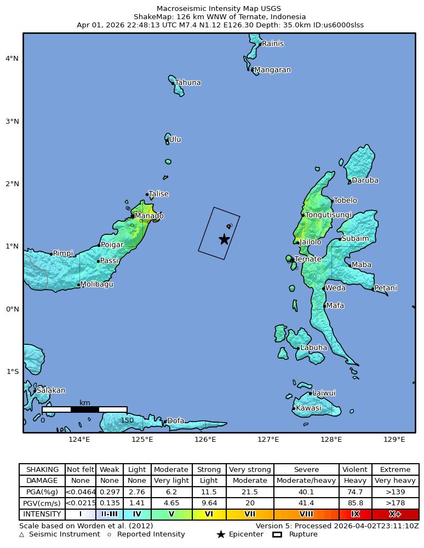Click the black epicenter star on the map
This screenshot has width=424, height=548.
click(224, 239)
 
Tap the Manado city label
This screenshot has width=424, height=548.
click(149, 216)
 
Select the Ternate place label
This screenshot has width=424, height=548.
click(308, 259)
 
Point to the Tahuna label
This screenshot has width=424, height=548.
click(188, 83)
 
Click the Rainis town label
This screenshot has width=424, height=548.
click(272, 44)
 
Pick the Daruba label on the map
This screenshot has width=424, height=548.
click(365, 181)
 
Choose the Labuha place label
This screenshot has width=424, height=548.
click(314, 348)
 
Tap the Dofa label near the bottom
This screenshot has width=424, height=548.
click(176, 421)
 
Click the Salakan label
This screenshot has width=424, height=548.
click(51, 391)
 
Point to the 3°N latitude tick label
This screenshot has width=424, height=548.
click(12, 121)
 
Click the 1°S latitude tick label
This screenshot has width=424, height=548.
click(12, 372)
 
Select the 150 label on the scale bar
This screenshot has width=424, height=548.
click(127, 420)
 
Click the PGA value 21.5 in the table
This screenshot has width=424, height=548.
click(250, 492)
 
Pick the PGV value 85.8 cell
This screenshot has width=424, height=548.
click(355, 503)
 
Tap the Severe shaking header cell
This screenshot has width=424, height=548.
click(306, 470)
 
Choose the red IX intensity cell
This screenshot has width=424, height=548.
click(355, 515)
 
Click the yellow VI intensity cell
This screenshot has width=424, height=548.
click(209, 515)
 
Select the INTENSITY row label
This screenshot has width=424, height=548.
click(42, 515)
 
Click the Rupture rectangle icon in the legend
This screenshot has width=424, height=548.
click(277, 535)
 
